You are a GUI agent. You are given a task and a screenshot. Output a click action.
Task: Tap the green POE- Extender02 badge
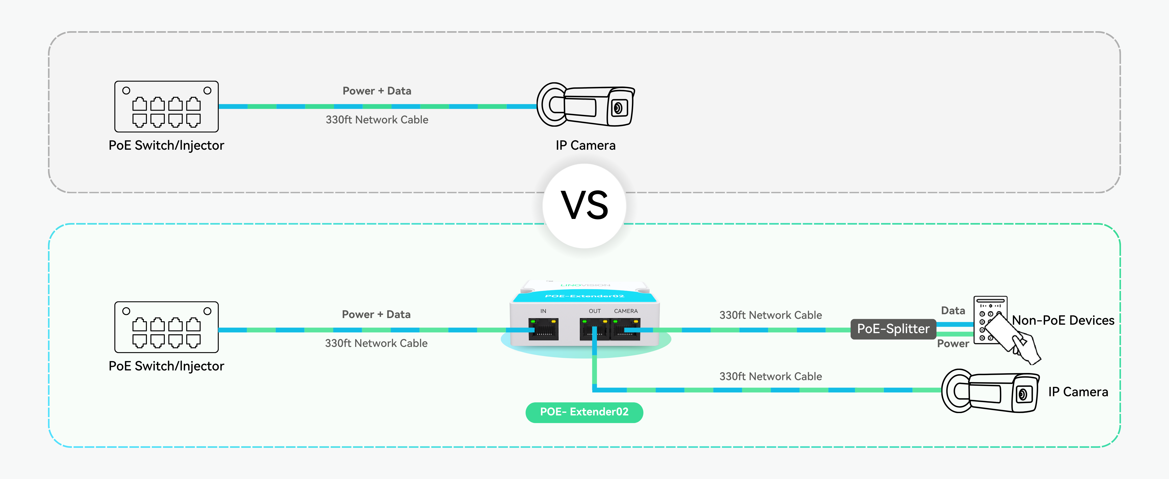coord(584,412)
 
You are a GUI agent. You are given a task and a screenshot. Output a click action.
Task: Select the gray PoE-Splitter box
coord(893,329)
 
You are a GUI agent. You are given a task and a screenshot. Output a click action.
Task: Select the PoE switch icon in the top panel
coord(166,107)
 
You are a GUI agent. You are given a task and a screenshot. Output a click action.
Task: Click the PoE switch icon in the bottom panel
coord(166,327)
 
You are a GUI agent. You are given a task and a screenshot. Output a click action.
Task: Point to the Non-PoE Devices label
coord(1063,320)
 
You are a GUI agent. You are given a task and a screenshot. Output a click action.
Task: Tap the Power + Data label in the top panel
coord(377,91)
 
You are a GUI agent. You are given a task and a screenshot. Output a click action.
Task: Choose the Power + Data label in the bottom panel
coord(376,314)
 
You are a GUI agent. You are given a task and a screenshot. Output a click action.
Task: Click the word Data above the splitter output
coord(953,311)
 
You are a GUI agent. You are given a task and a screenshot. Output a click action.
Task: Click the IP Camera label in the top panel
coord(585,145)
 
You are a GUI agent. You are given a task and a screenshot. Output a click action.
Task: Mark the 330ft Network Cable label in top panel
coord(377,120)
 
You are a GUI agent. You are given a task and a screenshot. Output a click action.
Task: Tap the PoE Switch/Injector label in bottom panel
coord(166,366)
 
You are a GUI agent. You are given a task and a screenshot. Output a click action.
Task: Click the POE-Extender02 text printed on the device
coord(585,296)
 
